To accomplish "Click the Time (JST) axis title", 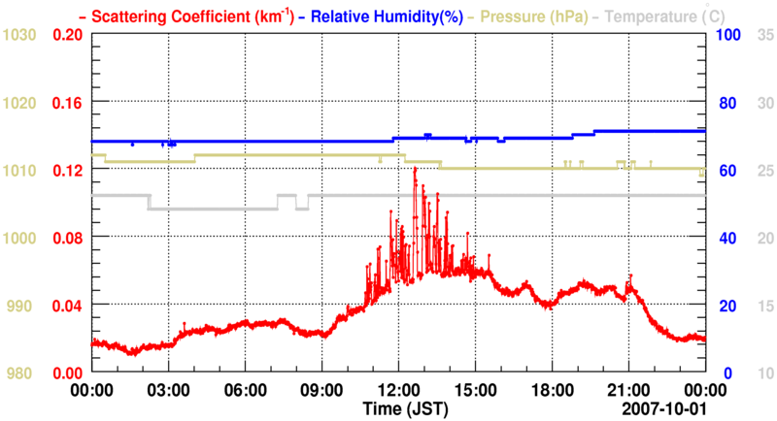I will [x=406, y=408].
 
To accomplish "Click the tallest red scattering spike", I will [x=415, y=169].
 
